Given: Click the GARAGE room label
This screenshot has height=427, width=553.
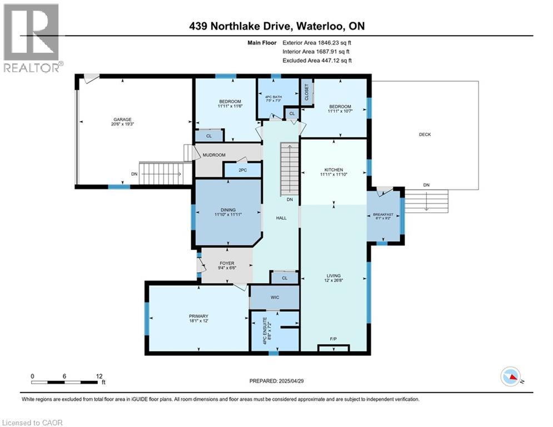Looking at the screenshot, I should [x=123, y=120].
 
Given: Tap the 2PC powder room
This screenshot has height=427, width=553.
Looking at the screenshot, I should [x=242, y=170].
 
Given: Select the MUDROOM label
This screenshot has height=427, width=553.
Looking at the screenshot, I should [x=214, y=156].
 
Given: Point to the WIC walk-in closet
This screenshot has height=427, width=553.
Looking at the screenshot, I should [x=275, y=297].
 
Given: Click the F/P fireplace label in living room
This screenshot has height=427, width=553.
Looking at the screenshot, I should [x=333, y=339].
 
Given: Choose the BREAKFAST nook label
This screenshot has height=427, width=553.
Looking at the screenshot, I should [x=383, y=215].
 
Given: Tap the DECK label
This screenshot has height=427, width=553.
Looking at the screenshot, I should [x=425, y=135].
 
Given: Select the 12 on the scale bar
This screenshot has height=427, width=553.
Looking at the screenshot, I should [x=100, y=376].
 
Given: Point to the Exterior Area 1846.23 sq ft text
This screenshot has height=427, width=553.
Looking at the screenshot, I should [x=317, y=42].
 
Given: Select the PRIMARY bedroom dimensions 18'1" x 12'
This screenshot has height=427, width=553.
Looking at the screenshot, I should [x=198, y=322].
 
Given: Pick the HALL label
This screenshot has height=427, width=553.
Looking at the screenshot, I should [x=281, y=218].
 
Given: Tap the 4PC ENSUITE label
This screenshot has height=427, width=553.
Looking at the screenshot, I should [x=265, y=330].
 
